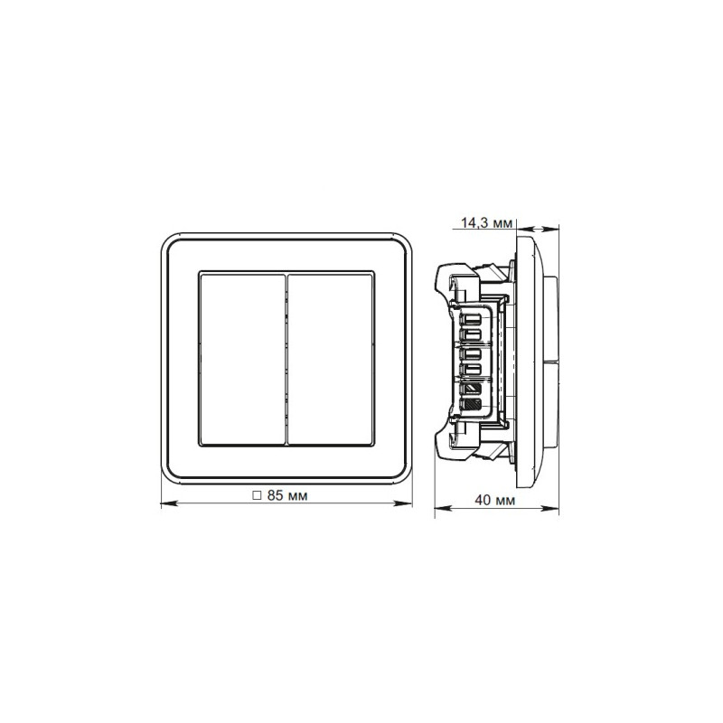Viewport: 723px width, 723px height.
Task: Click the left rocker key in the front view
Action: [241, 358]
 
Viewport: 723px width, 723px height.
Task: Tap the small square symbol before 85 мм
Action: [257, 496]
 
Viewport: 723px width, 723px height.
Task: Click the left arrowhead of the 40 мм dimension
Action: [438, 509]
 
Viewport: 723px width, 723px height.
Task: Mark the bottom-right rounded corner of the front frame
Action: [405, 476]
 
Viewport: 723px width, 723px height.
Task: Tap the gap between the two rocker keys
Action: [286, 358]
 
